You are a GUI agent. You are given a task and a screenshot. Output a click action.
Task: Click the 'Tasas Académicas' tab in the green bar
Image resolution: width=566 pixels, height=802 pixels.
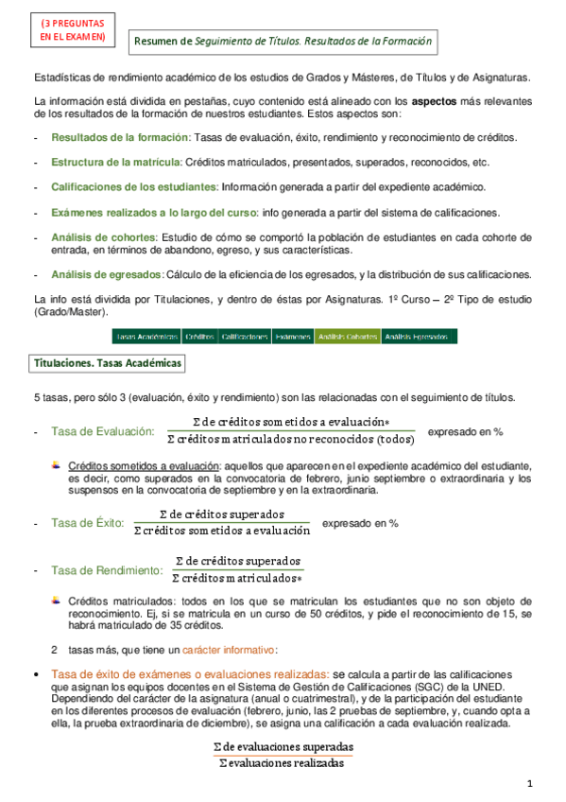[x=146, y=336]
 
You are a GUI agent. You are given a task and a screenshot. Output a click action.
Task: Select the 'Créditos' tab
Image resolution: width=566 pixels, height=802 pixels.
[x=199, y=336]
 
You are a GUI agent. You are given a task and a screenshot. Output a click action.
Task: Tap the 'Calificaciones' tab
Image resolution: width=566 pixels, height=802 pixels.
[x=245, y=336]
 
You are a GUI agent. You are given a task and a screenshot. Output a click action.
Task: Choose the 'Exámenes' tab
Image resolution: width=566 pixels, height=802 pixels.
[x=292, y=336]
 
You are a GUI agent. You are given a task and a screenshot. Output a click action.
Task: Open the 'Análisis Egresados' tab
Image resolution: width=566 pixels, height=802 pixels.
[x=418, y=336]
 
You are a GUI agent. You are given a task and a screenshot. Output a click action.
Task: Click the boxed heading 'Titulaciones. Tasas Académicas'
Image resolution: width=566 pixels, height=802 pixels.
[x=109, y=363]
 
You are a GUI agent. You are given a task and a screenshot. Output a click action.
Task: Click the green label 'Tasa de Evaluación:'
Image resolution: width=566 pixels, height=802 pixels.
[x=102, y=432]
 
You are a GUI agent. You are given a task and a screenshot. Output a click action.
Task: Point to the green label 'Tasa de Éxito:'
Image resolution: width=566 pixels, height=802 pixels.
[x=87, y=523]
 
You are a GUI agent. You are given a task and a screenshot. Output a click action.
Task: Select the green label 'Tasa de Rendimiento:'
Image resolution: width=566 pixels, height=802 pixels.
[x=106, y=570]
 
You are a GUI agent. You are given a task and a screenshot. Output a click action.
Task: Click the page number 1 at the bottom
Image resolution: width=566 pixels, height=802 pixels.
[x=531, y=784]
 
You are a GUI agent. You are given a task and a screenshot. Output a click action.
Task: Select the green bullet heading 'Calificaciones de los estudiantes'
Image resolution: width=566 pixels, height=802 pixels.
[x=133, y=186]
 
